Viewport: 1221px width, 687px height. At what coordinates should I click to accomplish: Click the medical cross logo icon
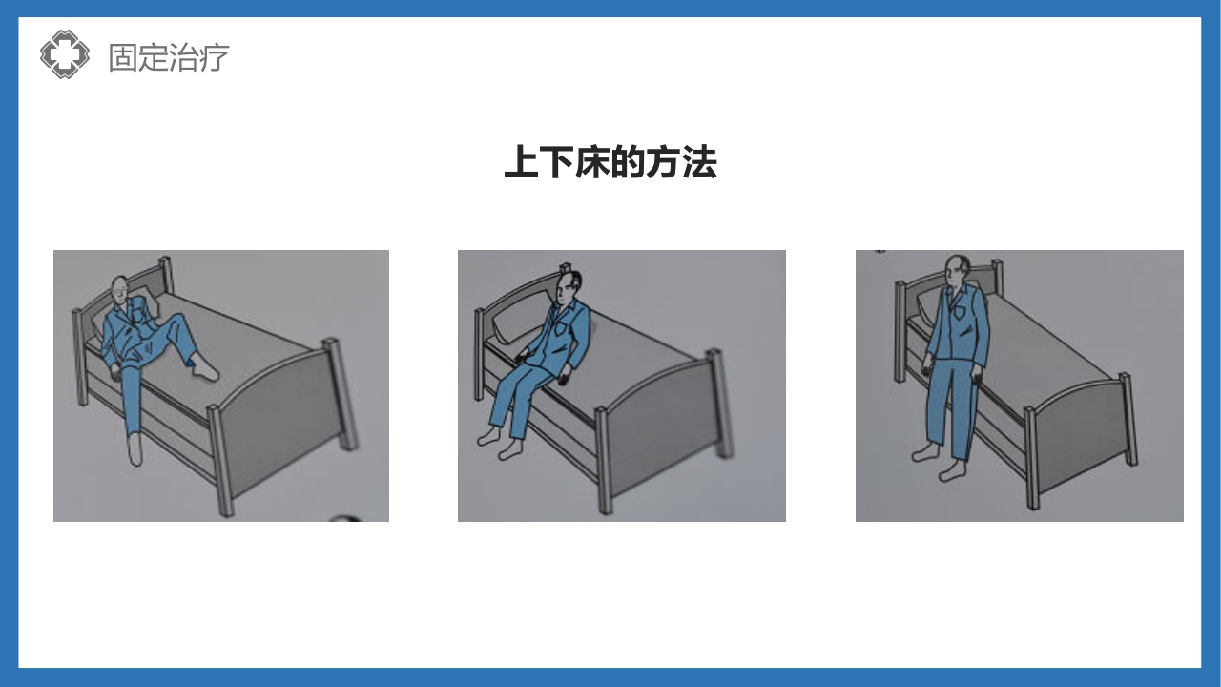64,54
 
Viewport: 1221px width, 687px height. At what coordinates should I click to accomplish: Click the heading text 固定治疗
169,57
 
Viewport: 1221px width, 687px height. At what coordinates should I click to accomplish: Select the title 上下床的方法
610,162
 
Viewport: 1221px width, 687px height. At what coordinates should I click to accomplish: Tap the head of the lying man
118,289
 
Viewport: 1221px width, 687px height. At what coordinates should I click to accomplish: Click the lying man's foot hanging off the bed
135,449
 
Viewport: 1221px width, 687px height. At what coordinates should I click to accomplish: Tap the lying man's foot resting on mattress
205,369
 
